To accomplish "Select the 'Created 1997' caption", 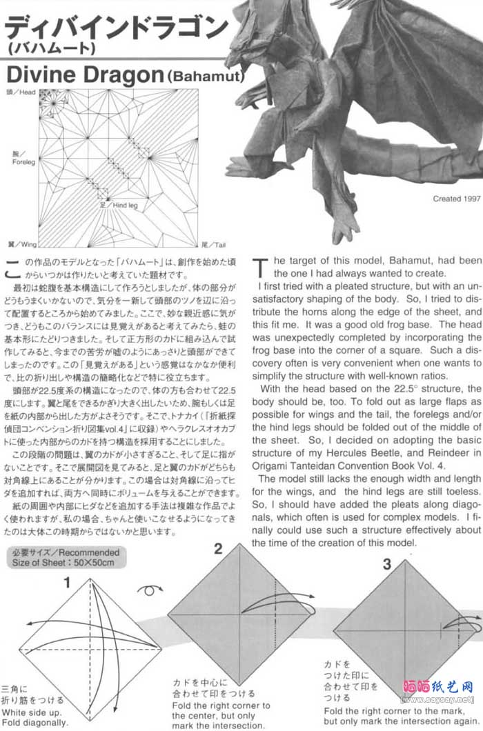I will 456,198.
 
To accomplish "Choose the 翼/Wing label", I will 19,244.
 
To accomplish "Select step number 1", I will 67,583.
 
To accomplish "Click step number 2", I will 218,549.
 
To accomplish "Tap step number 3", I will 387,564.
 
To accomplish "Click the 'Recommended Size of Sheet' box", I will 66,557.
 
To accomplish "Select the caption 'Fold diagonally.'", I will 34,722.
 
